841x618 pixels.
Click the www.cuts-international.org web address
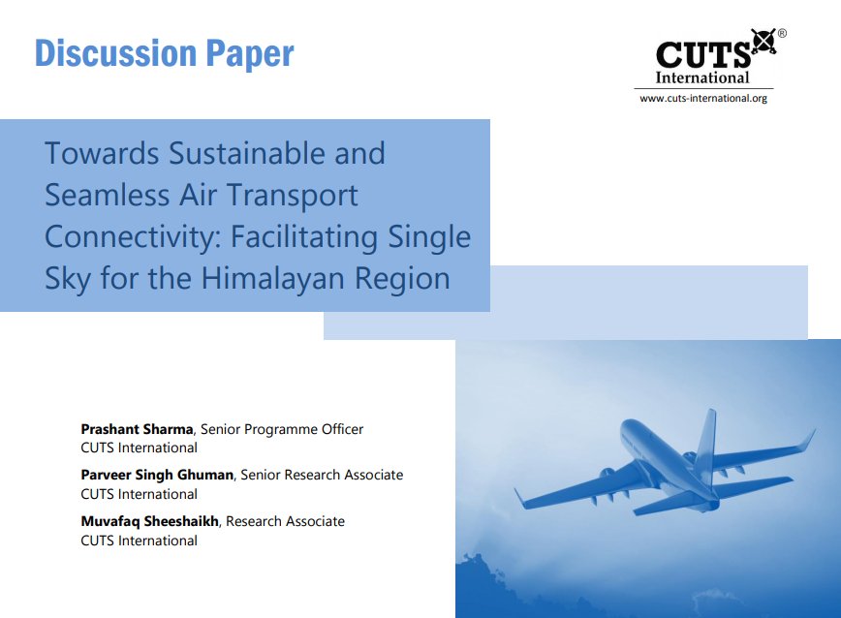pos(702,98)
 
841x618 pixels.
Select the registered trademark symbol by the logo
pos(782,34)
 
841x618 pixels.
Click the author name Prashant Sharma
pos(137,429)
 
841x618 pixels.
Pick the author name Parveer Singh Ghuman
pos(157,475)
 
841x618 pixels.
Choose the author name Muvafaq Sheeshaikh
pos(150,521)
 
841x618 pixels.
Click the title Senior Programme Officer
pos(282,429)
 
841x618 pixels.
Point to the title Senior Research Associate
pos(322,475)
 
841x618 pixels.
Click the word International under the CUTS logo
pos(702,77)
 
